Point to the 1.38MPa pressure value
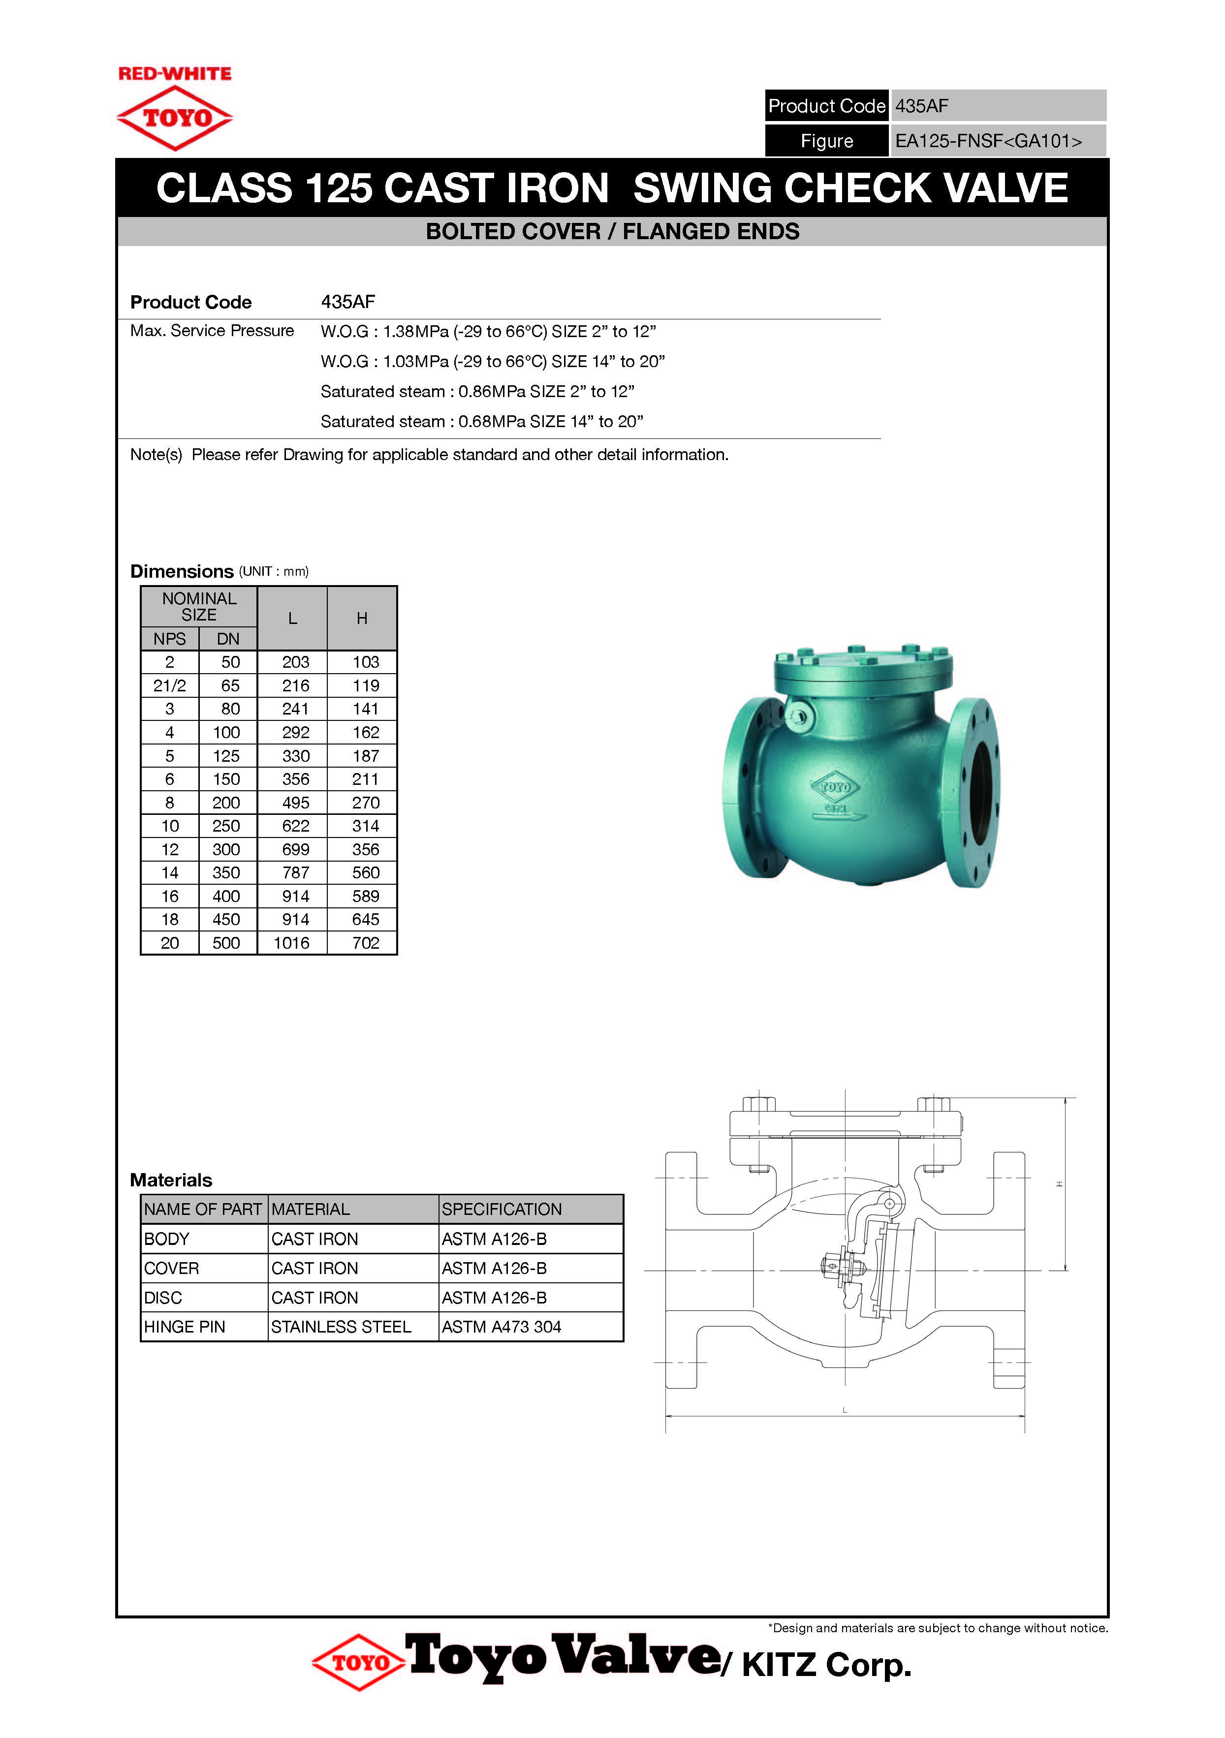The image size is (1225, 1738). (416, 332)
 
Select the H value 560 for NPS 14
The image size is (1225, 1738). (366, 873)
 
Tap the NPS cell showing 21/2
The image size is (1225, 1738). (170, 686)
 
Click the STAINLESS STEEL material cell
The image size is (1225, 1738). (341, 1327)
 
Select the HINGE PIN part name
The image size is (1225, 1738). (185, 1327)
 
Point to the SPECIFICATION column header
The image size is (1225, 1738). (501, 1210)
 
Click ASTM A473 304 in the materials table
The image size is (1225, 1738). (501, 1327)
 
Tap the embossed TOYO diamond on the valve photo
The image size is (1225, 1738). (835, 787)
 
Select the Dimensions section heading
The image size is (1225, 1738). (182, 571)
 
